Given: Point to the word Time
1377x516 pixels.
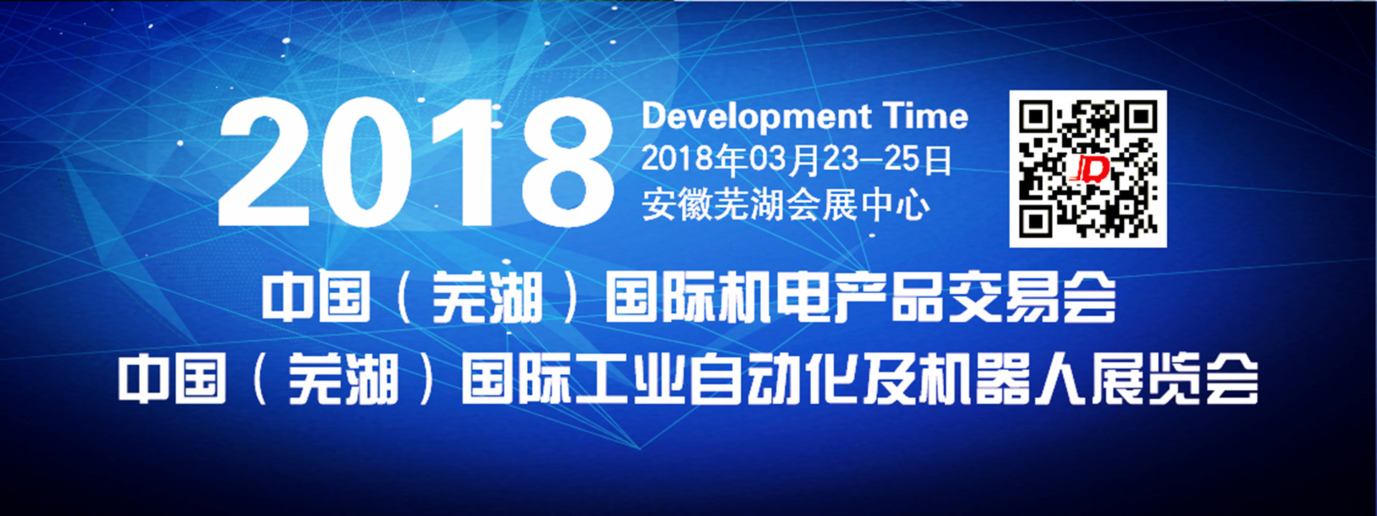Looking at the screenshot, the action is pos(925,116).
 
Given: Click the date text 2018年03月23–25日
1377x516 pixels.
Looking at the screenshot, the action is pos(796,160).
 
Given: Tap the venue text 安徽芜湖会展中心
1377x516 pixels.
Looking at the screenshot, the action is pos(785,205).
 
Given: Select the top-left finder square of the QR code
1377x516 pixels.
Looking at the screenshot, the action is pos(1036,117).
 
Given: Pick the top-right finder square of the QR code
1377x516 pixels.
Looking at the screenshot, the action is pos(1140,117).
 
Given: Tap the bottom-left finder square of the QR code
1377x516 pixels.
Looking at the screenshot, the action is pos(1036,221).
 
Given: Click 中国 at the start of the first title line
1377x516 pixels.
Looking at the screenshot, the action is pos(316,297).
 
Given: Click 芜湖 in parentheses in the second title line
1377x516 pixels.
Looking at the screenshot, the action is pos(343,379).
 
